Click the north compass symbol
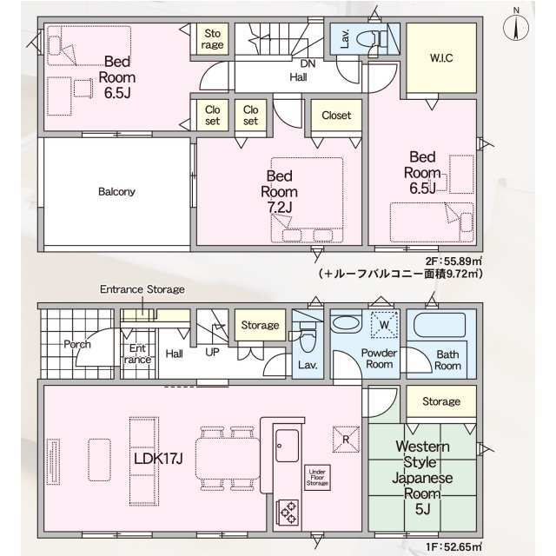click(x=516, y=26)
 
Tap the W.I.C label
click(x=441, y=58)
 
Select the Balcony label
click(x=116, y=192)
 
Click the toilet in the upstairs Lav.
click(x=371, y=38)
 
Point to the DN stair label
click(x=308, y=63)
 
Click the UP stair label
click(x=212, y=352)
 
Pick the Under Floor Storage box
click(x=317, y=477)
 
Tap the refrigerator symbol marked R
click(x=346, y=440)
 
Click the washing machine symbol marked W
click(x=384, y=325)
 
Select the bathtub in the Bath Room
click(x=440, y=325)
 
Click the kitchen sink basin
click(x=287, y=446)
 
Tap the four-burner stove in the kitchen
click(x=288, y=513)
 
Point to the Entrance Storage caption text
click(x=142, y=289)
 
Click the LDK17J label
click(x=158, y=459)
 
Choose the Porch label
click(x=77, y=344)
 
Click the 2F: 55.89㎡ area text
click(x=453, y=261)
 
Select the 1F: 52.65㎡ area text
click(x=453, y=547)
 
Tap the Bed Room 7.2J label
click(x=280, y=192)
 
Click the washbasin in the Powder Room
click(x=346, y=323)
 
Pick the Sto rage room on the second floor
click(x=212, y=39)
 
